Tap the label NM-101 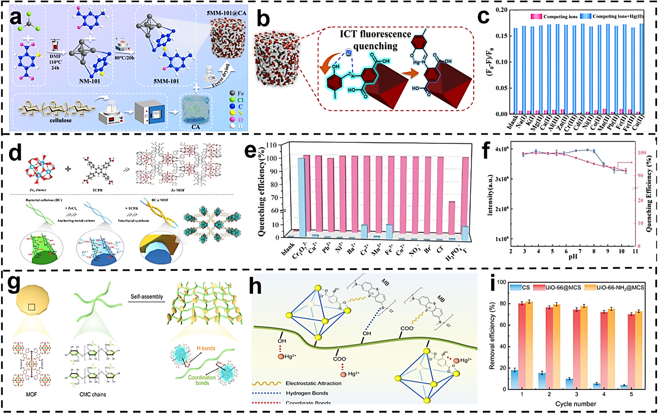tap(90, 81)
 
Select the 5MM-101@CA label tap(226, 13)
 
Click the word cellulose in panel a tap(61, 120)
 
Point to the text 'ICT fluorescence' tap(375, 34)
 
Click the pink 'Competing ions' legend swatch tap(536, 16)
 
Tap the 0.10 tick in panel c tap(501, 62)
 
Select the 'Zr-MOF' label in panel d tap(178, 190)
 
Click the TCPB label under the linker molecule tap(97, 190)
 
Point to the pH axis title tap(573, 257)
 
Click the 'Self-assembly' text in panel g tap(147, 296)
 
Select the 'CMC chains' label tap(93, 394)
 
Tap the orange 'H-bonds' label tap(206, 348)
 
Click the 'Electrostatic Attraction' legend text tap(313, 383)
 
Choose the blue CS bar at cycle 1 tap(514, 379)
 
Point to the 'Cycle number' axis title tap(575, 404)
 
